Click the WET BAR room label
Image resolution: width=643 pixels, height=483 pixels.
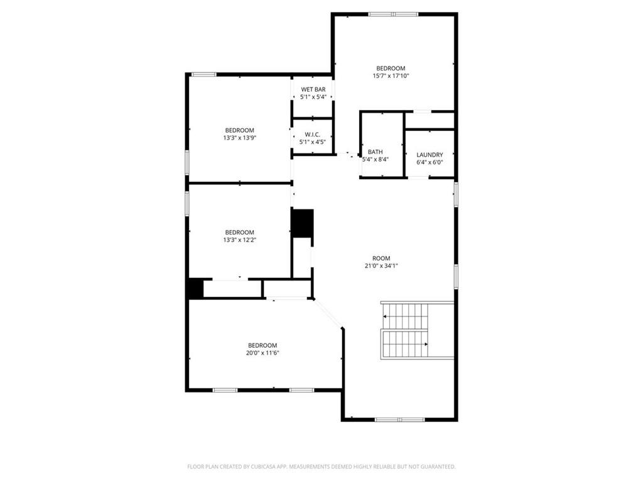pos(313,89)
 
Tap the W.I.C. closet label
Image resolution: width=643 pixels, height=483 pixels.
pos(313,134)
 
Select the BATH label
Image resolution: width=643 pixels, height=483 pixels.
pos(376,152)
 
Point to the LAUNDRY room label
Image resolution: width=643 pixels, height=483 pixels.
pos(430,155)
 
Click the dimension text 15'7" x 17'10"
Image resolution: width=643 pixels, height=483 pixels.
pos(391,76)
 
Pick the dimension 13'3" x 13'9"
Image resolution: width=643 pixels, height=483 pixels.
pos(240,138)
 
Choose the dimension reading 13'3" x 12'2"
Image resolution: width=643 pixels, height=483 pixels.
pos(240,240)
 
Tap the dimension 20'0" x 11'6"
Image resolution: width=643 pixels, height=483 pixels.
pos(262,353)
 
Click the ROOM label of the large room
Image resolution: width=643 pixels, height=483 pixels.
pos(381,258)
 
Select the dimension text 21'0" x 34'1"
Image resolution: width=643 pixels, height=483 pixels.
pos(381,265)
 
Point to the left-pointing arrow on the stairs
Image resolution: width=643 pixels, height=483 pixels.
pos(384,317)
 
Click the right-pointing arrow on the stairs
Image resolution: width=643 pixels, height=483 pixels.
pos(426,344)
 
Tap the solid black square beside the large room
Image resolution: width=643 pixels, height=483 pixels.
pos(302,223)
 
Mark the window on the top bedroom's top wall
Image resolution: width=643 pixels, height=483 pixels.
pos(393,14)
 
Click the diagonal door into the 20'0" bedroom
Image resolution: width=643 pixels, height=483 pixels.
pos(328,313)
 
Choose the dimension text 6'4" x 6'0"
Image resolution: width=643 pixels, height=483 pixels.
pos(430,162)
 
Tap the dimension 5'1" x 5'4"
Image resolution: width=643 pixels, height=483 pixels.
pos(313,97)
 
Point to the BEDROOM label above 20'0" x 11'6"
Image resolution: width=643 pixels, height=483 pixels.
pos(262,345)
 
